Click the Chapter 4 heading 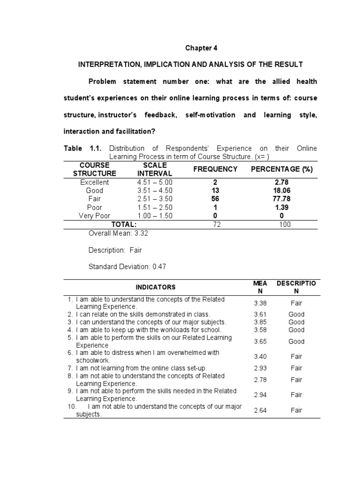tap(201, 48)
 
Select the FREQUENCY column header tap(215, 169)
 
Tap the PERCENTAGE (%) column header tap(282, 169)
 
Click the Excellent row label tap(94, 182)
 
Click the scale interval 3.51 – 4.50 tap(155, 191)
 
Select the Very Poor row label tap(94, 216)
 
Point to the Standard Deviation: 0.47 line tap(127, 267)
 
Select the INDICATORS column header tap(156, 287)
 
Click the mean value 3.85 tap(260, 322)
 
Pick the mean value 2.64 tap(260, 410)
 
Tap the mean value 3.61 tap(260, 314)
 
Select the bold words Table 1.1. tap(82, 149)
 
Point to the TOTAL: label tap(124, 225)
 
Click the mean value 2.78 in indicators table tap(260, 380)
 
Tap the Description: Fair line tap(115, 250)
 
